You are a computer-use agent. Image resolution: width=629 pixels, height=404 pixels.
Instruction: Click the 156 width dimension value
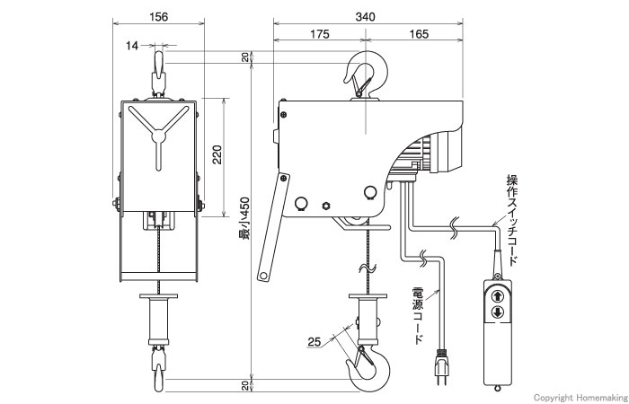[x=158, y=17]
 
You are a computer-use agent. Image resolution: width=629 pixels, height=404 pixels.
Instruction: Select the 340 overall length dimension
[x=365, y=17]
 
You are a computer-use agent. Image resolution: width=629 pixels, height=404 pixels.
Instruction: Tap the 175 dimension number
[x=320, y=34]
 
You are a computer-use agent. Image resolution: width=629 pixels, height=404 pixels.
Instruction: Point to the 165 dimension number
[x=419, y=34]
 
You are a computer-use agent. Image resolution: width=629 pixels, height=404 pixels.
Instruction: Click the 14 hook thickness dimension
[x=132, y=46]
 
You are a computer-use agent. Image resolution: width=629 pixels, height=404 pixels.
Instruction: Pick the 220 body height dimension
[x=217, y=154]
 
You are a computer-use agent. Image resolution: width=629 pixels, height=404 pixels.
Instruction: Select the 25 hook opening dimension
[x=314, y=342]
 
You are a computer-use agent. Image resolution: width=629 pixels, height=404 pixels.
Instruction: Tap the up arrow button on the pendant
[x=498, y=296]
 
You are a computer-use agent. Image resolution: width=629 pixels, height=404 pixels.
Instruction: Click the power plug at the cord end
[x=442, y=366]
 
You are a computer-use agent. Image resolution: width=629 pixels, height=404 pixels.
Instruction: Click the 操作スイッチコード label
[x=512, y=220]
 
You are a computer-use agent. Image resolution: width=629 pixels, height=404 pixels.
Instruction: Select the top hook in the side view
[x=366, y=75]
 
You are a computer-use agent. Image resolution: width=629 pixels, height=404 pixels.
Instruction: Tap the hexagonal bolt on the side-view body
[x=326, y=206]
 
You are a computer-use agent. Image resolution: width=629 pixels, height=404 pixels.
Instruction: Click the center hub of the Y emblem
[x=159, y=137]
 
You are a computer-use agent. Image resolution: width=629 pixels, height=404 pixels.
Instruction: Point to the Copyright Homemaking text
[x=580, y=398]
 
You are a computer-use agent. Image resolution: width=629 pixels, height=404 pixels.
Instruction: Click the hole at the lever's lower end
[x=263, y=276]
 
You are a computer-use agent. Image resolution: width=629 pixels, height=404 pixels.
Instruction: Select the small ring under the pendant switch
[x=498, y=388]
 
